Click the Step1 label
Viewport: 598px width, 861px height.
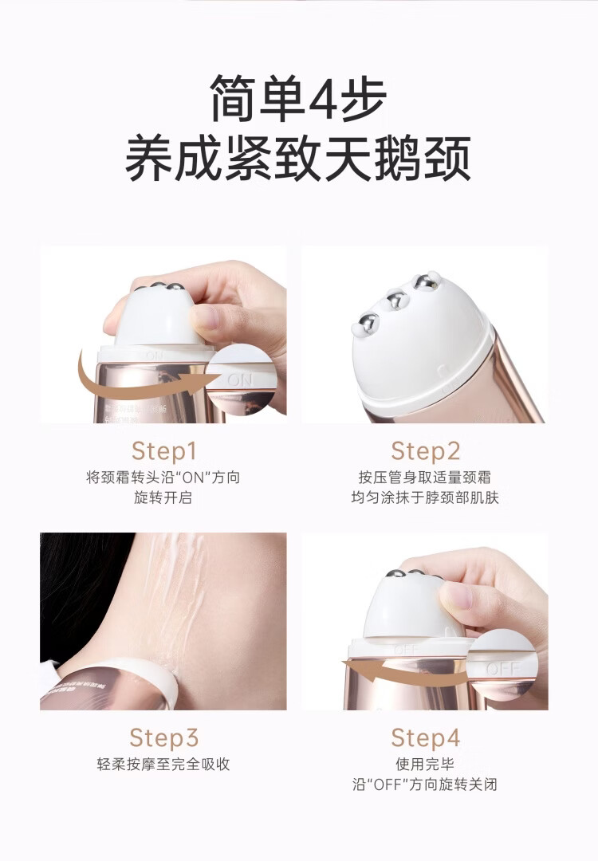(163, 450)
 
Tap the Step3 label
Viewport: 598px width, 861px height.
(163, 737)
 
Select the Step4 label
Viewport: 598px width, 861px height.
(425, 737)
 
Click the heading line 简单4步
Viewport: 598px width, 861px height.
(298, 98)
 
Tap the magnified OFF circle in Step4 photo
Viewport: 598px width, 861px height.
(502, 666)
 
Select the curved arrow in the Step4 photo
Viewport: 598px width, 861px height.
(399, 677)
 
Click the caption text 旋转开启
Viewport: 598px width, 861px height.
(163, 498)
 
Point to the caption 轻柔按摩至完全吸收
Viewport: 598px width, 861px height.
(163, 764)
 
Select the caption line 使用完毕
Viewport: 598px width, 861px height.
(425, 764)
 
